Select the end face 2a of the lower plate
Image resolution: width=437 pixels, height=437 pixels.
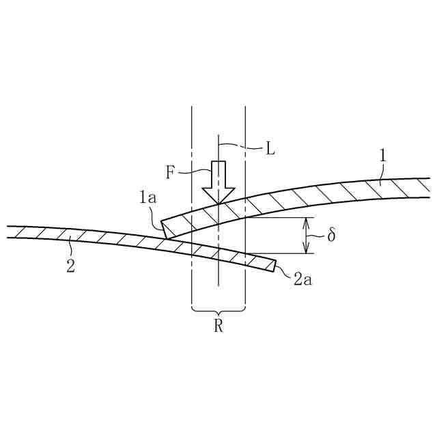(x=274, y=264)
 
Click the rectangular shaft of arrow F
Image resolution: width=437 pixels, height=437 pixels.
(x=218, y=173)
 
